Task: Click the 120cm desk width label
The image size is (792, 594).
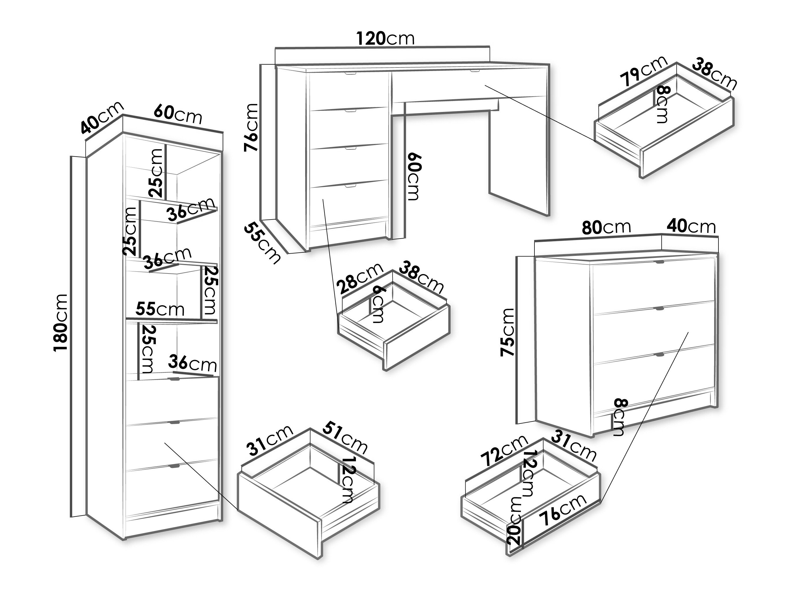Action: [385, 39]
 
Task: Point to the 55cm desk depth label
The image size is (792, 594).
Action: [262, 243]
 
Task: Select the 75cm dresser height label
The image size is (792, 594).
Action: [507, 332]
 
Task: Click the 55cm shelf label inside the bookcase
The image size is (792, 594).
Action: [160, 309]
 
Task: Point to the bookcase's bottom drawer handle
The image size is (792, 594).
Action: [175, 466]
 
